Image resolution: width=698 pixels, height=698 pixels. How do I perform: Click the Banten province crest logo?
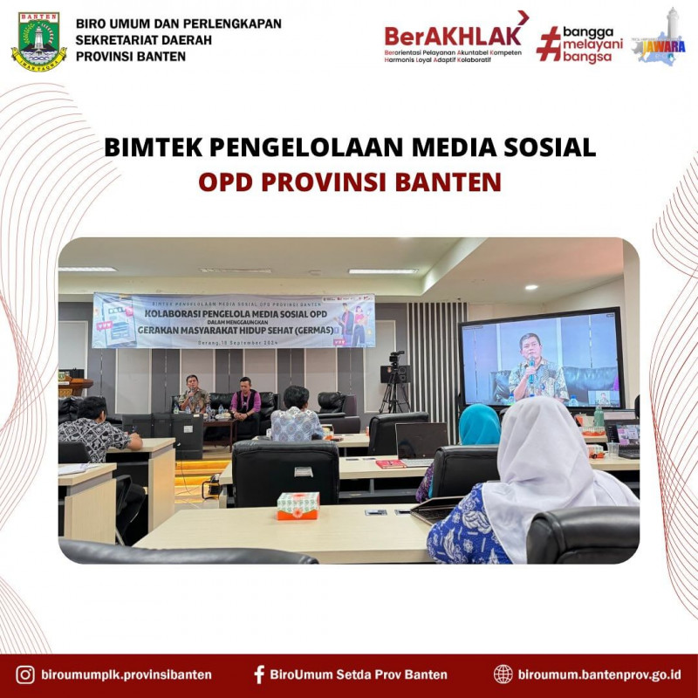[x=38, y=41]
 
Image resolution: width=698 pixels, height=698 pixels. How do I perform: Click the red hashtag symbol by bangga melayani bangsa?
[x=548, y=43]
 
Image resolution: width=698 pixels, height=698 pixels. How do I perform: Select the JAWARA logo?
[x=659, y=39]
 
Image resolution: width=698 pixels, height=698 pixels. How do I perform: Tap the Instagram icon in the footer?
[x=25, y=674]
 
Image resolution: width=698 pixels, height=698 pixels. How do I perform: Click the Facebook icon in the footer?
[x=259, y=674]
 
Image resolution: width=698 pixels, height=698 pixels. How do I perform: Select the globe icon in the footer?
[x=503, y=674]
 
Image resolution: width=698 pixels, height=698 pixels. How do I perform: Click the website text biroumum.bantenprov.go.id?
[x=599, y=674]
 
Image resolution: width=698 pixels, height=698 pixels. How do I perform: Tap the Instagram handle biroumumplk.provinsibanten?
[x=127, y=674]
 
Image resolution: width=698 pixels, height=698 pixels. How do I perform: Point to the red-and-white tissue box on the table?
[x=298, y=505]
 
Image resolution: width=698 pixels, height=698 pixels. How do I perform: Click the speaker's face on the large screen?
[x=530, y=346]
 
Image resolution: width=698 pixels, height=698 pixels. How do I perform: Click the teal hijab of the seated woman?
[x=479, y=424]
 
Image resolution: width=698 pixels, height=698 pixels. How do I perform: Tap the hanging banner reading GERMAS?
[x=234, y=320]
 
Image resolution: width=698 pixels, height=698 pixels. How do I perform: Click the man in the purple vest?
[x=245, y=403]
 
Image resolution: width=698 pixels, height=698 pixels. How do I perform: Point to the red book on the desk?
[x=390, y=463]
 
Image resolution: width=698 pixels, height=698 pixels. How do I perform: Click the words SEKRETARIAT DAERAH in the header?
[x=131, y=39]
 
